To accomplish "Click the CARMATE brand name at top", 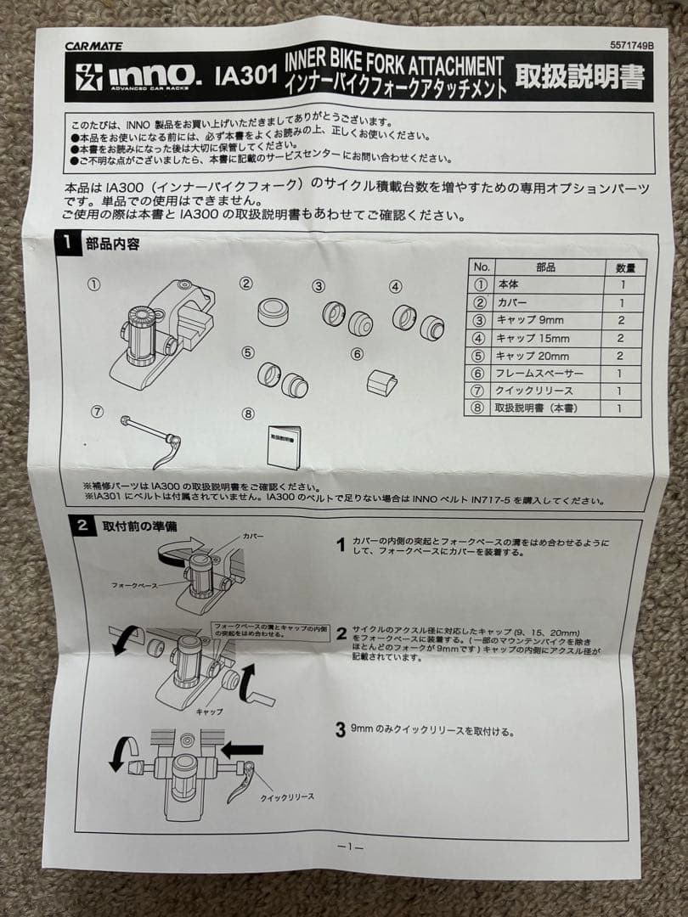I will pyautogui.click(x=93, y=46).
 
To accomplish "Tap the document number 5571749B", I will pyautogui.click(x=631, y=46).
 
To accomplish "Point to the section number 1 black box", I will pyautogui.click(x=68, y=245).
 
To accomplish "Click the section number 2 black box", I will pyautogui.click(x=82, y=526).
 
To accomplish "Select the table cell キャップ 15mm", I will pyautogui.click(x=533, y=338).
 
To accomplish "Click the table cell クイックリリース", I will pyautogui.click(x=534, y=391).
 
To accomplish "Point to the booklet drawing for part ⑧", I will pyautogui.click(x=284, y=445).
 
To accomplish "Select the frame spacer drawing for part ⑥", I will pyautogui.click(x=381, y=382).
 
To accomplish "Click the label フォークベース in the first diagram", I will pyautogui.click(x=136, y=585).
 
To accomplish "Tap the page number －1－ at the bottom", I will pyautogui.click(x=350, y=847).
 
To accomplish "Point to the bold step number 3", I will pyautogui.click(x=340, y=729).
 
